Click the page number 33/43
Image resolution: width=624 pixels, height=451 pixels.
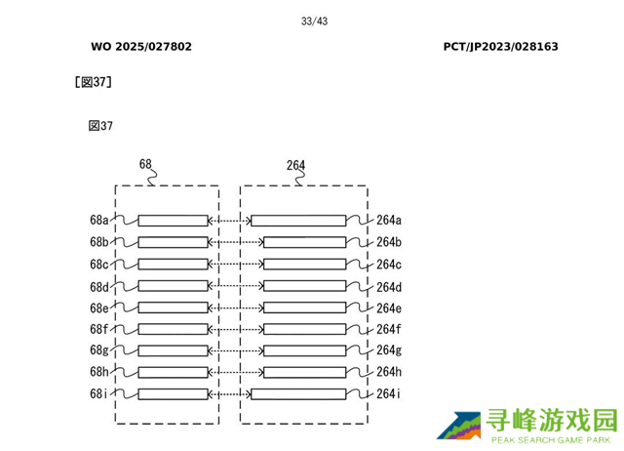314,21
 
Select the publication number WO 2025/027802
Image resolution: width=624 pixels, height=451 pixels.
141,47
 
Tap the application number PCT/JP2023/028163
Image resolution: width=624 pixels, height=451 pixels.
500,47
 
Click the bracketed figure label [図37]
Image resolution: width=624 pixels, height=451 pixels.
94,82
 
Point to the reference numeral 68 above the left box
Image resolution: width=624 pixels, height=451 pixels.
145,164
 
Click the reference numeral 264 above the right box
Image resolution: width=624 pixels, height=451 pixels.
295,165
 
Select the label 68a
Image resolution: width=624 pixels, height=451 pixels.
99,220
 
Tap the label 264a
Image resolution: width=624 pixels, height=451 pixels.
389,220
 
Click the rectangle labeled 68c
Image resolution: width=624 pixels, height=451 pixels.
174,265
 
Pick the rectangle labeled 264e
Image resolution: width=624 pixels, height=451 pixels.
304,307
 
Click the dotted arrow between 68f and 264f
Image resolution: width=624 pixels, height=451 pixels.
236,330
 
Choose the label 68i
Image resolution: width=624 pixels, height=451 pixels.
98,393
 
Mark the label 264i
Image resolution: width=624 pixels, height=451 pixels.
388,393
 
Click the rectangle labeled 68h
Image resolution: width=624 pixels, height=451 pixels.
174,372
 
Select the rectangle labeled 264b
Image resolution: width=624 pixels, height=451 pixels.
304,242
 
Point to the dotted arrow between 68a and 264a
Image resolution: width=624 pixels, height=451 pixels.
230,221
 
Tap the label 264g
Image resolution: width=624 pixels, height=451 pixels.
389,350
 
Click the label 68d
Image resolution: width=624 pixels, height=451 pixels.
99,286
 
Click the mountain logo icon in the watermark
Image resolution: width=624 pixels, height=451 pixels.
459,426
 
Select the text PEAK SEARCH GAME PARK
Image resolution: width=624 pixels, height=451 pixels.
551,440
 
